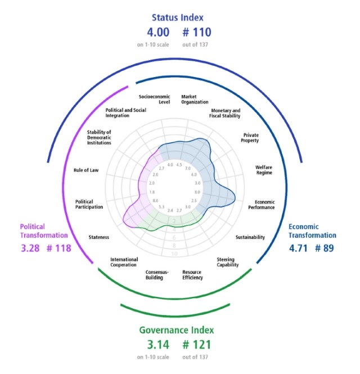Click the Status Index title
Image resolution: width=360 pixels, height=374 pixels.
coord(179,17)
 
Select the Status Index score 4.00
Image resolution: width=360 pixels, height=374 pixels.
coord(150,33)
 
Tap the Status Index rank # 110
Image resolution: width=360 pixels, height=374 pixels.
coord(196,33)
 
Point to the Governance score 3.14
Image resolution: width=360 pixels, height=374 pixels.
coord(150,344)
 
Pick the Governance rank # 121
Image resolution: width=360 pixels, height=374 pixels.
coord(196,344)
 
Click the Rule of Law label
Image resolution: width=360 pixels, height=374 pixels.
coord(86,170)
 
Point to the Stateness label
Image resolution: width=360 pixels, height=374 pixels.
coord(98,237)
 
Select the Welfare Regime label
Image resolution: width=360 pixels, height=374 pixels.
coord(264,170)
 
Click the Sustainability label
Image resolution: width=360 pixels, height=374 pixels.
coord(250,237)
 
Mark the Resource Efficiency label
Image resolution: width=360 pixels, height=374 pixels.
coord(192,275)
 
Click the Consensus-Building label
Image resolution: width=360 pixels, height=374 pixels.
coord(154,275)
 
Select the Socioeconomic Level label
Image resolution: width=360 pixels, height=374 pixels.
coord(154,100)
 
